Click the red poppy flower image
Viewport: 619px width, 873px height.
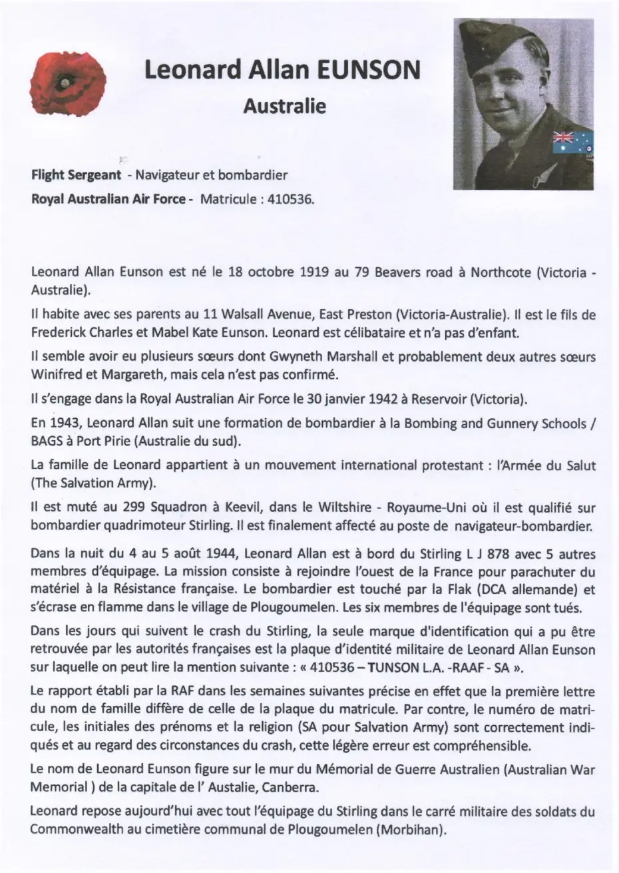68,82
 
